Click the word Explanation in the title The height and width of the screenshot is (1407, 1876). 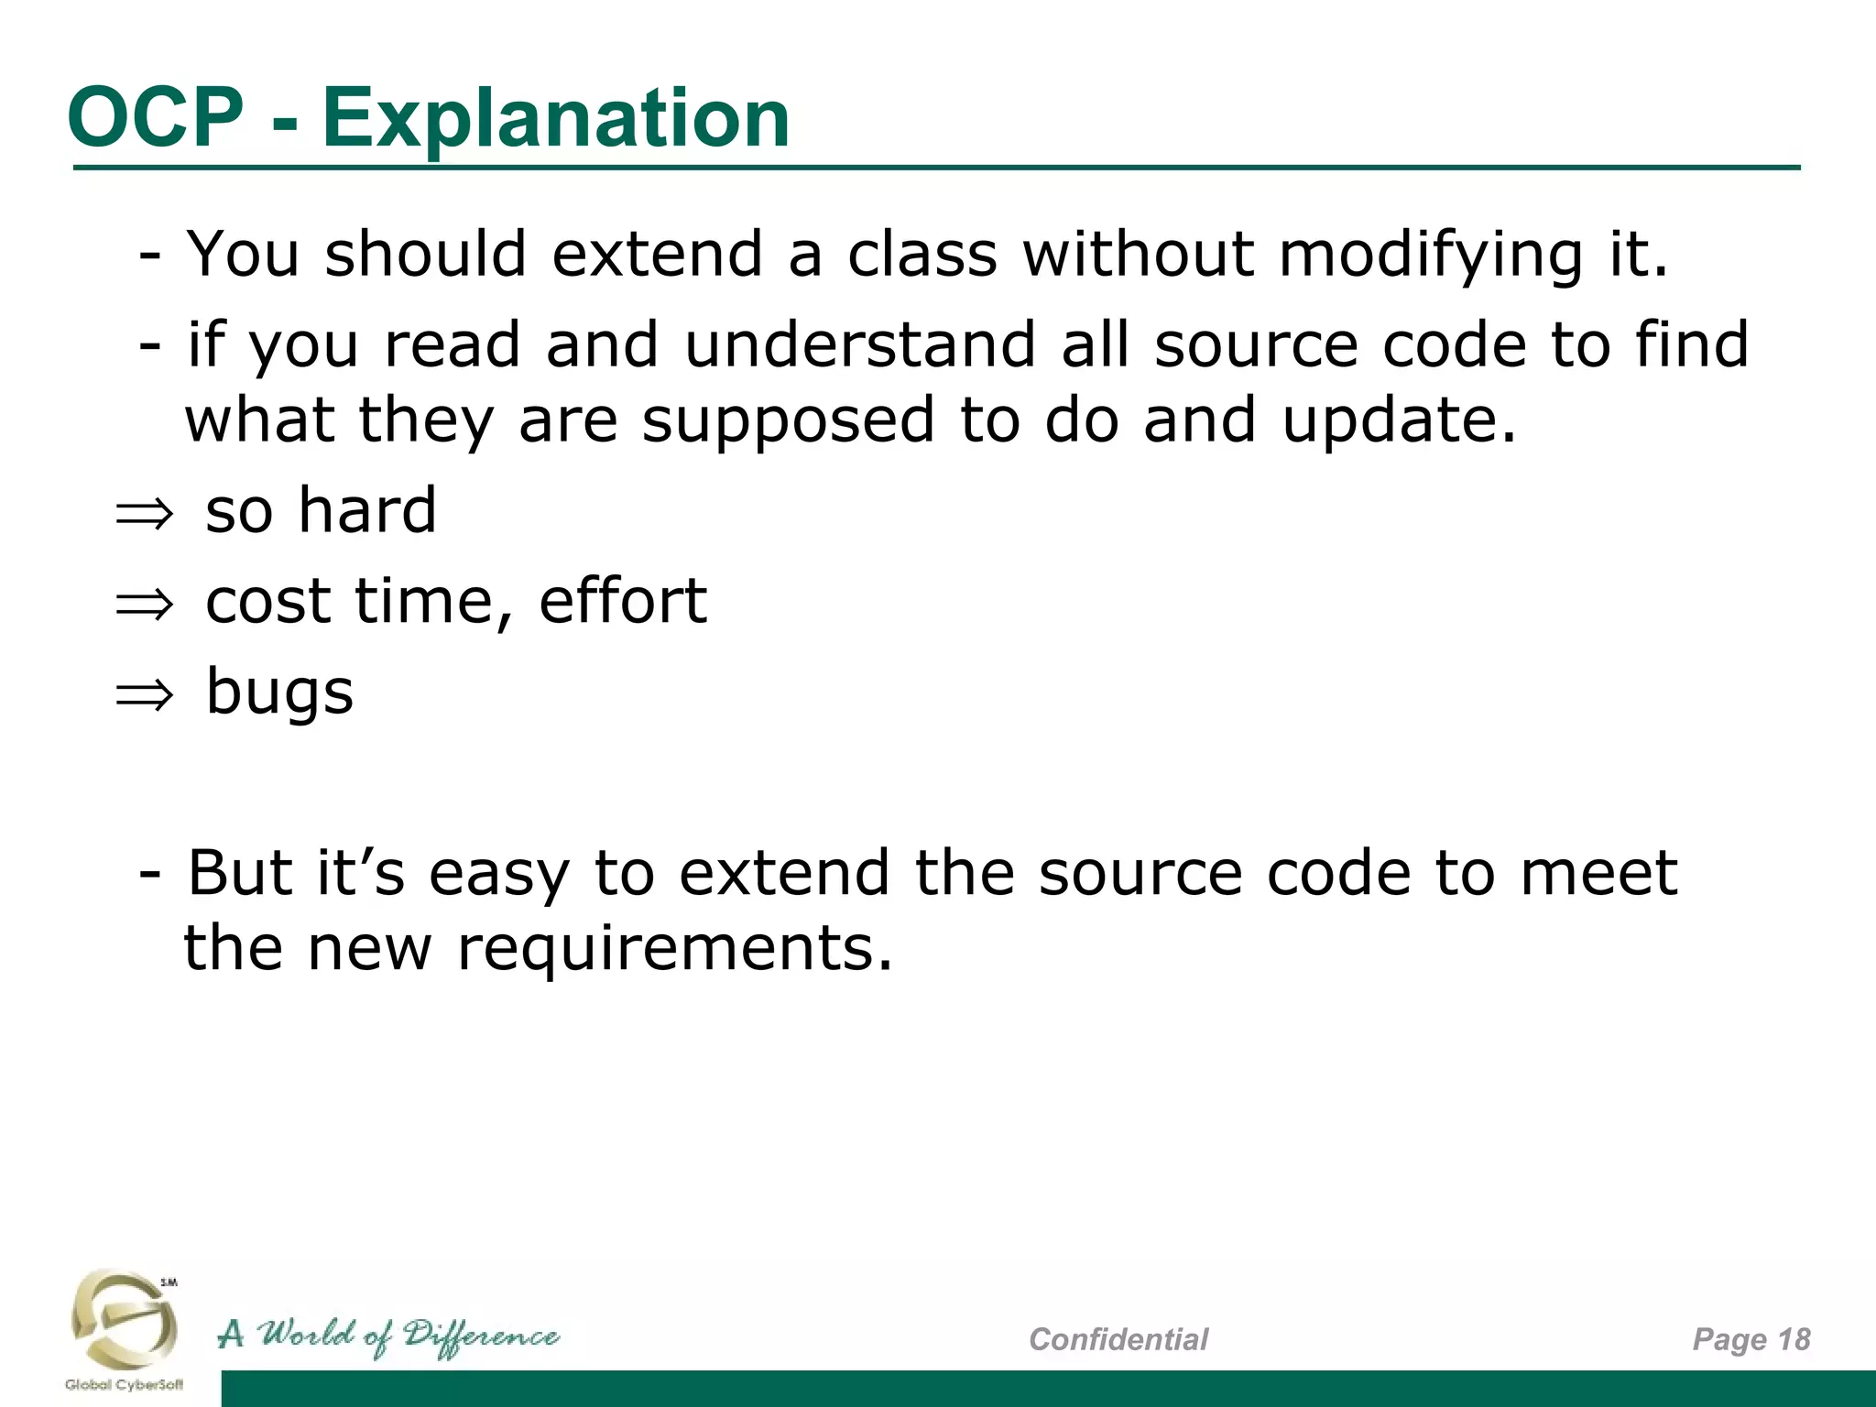(556, 119)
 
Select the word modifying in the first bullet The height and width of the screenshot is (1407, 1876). (1430, 255)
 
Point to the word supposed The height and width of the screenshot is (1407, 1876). (788, 420)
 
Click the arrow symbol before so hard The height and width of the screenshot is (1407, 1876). (144, 514)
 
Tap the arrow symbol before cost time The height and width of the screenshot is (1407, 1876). (144, 605)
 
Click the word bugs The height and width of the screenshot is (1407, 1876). (279, 693)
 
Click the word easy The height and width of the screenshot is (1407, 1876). (499, 874)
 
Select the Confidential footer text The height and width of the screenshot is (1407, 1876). (1118, 1339)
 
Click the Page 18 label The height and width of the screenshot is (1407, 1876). (1751, 1339)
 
